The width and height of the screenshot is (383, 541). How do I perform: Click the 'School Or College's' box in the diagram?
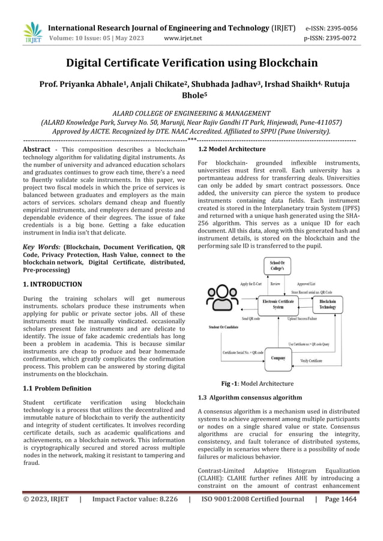click(277, 266)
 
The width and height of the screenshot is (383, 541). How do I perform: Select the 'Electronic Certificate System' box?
click(278, 304)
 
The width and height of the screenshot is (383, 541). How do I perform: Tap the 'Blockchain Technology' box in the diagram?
click(327, 304)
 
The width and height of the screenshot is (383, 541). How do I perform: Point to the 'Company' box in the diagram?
click(277, 357)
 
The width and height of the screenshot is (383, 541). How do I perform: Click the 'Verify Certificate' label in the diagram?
click(311, 360)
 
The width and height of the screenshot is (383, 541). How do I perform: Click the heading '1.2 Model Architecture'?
click(232, 149)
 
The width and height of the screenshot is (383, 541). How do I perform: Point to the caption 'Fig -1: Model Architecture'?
click(258, 383)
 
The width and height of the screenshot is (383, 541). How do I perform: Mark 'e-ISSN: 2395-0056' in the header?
click(340, 28)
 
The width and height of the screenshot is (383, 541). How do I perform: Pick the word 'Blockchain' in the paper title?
click(280, 62)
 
